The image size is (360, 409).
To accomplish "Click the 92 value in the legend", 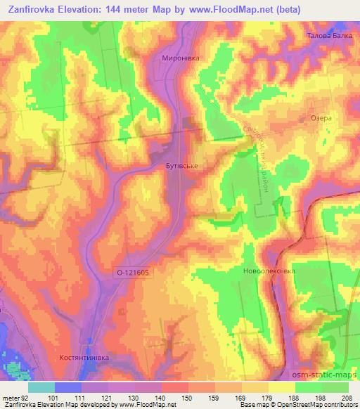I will (27, 398).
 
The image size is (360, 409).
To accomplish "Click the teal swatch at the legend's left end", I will (41, 387).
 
